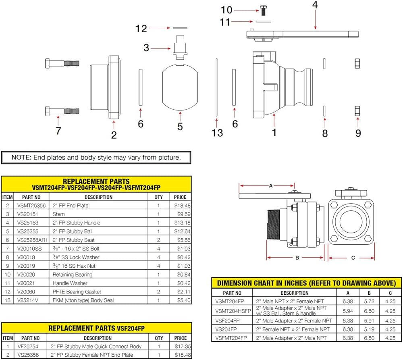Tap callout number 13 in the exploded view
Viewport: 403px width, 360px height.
(x=217, y=133)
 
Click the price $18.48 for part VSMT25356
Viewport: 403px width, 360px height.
(x=180, y=205)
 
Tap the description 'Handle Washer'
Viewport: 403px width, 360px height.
(x=65, y=283)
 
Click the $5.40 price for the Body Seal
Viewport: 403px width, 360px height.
(x=180, y=300)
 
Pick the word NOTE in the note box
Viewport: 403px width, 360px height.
(x=19, y=157)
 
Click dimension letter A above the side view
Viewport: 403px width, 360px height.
(x=271, y=185)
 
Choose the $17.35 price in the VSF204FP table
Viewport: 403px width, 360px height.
(x=180, y=346)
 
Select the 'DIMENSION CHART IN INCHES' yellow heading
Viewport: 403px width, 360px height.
(x=307, y=283)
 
